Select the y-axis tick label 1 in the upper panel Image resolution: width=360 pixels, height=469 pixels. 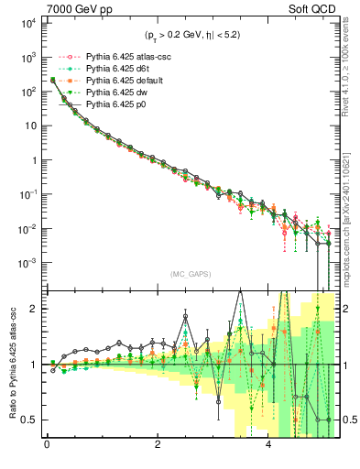point(33,160)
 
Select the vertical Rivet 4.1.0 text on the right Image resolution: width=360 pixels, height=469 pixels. point(351,69)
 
